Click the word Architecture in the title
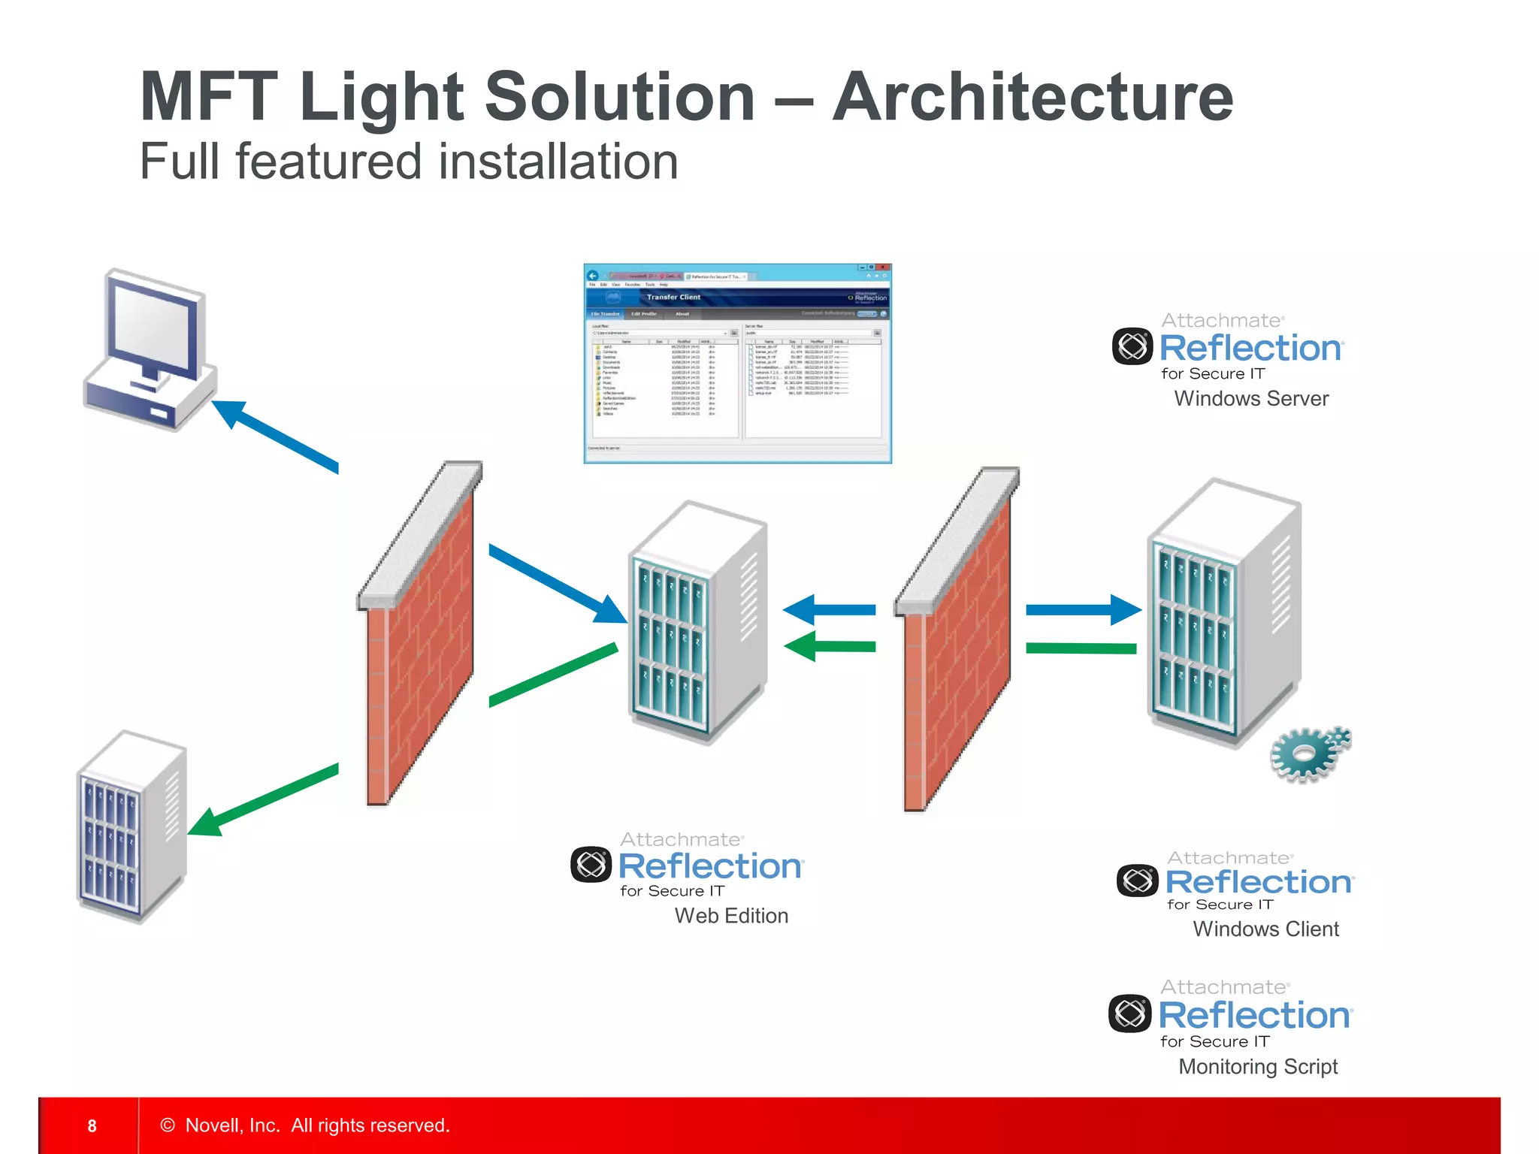(1033, 98)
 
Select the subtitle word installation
(558, 162)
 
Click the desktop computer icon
(150, 350)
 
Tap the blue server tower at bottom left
(132, 826)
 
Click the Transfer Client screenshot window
(737, 364)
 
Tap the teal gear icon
(1309, 754)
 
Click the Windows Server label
(1251, 399)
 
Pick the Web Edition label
(731, 916)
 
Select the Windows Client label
(1265, 929)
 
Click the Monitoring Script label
(1258, 1067)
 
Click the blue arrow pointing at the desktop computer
(274, 436)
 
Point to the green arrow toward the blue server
(263, 801)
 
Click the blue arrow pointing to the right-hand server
(1082, 610)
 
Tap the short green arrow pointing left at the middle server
(830, 646)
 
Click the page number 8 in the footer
(92, 1125)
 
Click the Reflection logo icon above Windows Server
(1132, 346)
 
